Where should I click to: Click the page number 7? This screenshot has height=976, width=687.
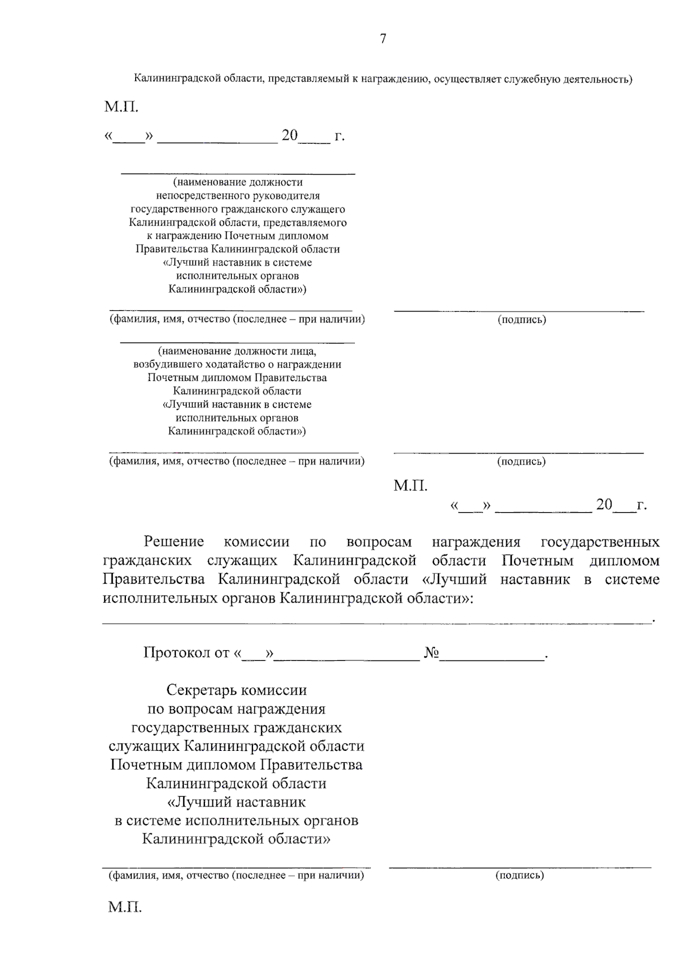383,38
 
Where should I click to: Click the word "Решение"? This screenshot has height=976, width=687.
173,541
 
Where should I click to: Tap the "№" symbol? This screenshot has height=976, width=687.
431,652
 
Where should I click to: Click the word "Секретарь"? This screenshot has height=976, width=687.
202,690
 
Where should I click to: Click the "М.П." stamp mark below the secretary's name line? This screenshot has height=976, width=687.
125,907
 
